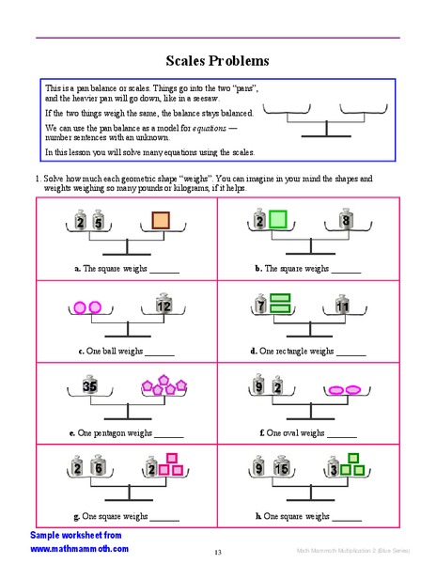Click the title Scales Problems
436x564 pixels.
217,60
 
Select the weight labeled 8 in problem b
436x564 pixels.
346,221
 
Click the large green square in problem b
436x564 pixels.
278,220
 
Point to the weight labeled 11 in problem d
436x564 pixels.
343,305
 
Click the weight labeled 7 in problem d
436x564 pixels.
259,305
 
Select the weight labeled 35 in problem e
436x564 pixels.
90,385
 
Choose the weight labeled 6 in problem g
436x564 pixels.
98,468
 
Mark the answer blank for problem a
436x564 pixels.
163,269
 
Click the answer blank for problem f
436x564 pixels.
342,434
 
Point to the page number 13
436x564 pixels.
217,552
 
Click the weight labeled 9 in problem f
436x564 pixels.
259,385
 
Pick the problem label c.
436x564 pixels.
81,352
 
